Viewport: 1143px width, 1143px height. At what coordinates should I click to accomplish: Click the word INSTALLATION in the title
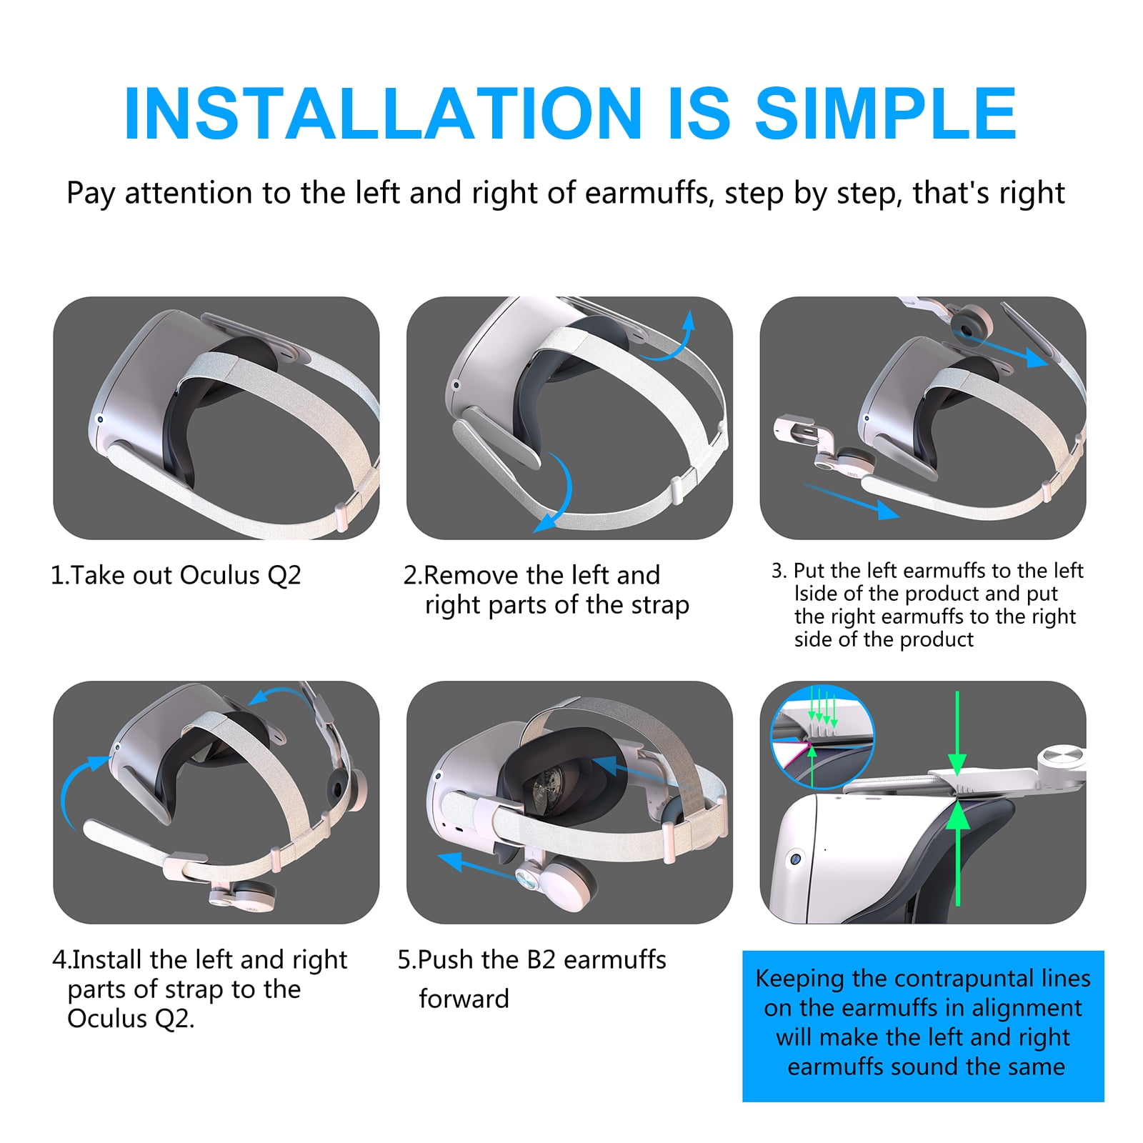(x=383, y=114)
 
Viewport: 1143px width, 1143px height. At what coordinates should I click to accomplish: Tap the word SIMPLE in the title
(x=886, y=114)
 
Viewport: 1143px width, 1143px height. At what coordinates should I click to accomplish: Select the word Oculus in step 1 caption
(x=219, y=574)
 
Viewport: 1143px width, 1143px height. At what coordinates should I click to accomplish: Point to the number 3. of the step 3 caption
(x=779, y=570)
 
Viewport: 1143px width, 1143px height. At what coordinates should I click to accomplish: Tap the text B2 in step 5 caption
(x=541, y=959)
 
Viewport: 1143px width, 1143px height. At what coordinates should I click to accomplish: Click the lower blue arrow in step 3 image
(x=851, y=501)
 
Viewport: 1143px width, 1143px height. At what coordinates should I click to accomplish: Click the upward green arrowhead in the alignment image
(x=957, y=816)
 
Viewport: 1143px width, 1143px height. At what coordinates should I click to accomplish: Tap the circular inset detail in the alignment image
(x=822, y=736)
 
